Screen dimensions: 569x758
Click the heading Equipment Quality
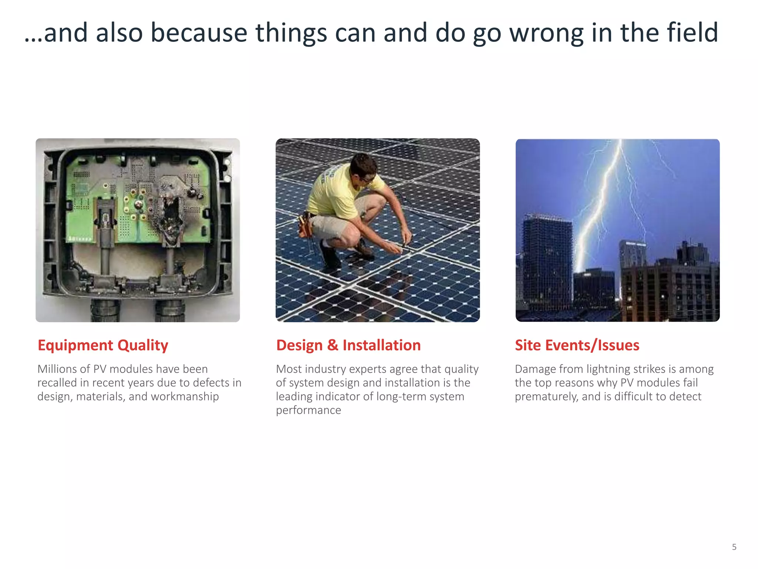(103, 345)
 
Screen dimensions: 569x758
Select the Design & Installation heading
(348, 345)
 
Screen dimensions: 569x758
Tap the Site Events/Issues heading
(577, 345)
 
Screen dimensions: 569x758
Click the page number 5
(734, 547)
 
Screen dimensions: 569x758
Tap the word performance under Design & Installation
(308, 410)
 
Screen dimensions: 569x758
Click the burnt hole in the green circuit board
(171, 215)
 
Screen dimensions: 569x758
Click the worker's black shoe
(329, 256)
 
